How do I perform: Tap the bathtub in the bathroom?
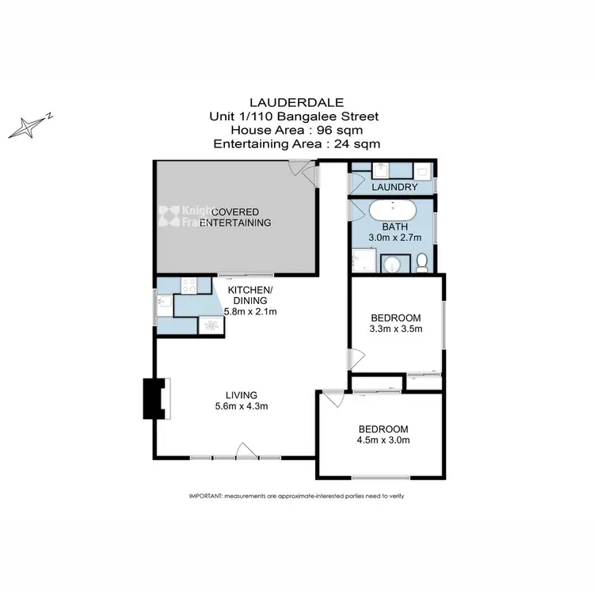pos(392,213)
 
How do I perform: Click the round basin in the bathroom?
pos(392,263)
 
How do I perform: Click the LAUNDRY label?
pos(394,188)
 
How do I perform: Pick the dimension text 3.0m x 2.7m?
pos(394,237)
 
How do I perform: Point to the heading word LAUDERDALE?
pos(296,102)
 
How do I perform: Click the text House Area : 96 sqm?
pos(296,131)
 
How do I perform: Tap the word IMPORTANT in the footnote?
pos(206,496)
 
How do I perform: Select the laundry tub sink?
pos(421,170)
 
